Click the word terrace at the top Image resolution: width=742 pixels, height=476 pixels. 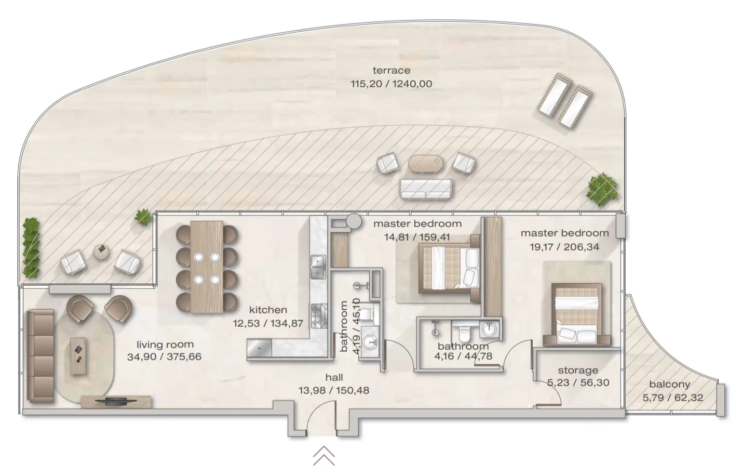pos(391,70)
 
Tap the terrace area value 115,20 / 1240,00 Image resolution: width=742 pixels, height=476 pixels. pos(391,84)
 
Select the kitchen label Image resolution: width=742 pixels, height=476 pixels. pos(268,310)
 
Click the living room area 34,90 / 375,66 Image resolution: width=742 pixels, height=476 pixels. pos(164,357)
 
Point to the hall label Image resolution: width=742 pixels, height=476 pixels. pos(334,378)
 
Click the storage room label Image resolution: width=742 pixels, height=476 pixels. pos(578,370)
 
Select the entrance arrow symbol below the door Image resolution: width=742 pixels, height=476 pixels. pos(323,456)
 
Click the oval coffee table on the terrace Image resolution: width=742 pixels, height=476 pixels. pos(426,163)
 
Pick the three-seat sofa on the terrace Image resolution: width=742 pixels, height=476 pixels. pos(425,188)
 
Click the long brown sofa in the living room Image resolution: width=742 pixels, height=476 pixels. pos(41,355)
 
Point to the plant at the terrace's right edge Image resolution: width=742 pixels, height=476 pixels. pos(602,189)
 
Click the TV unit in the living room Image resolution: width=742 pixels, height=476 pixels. pos(116,401)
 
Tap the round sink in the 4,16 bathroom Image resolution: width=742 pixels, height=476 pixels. pos(489,329)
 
